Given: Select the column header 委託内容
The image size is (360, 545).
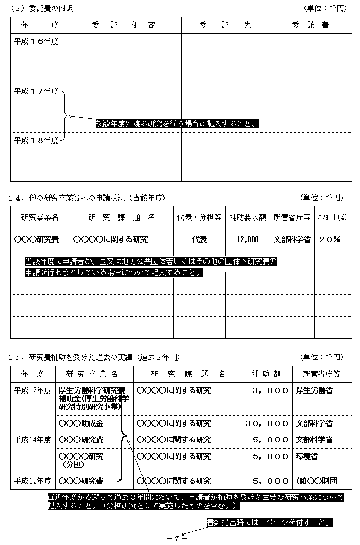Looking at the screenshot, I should [x=126, y=25].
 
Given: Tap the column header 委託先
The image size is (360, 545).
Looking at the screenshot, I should [x=226, y=25].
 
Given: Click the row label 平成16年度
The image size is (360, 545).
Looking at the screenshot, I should [x=36, y=41].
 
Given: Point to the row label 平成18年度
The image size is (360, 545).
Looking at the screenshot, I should [x=36, y=140].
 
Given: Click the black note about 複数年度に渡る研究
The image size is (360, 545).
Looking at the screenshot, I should [x=178, y=124].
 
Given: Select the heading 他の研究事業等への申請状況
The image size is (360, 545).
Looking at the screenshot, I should [x=94, y=198].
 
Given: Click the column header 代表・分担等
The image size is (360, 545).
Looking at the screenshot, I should [x=199, y=217].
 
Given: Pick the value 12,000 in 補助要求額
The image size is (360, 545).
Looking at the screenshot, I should [x=247, y=239].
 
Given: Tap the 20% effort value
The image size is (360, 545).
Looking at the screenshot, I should [x=330, y=239].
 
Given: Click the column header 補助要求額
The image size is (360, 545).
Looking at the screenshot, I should [x=247, y=217].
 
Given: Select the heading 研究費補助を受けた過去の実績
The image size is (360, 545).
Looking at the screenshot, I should [x=100, y=357].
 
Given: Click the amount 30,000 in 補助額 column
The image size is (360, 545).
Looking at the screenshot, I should [x=267, y=423].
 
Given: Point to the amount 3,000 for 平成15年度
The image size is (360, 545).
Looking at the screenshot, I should [x=270, y=390].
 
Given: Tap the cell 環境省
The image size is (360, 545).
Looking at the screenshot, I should [x=307, y=456].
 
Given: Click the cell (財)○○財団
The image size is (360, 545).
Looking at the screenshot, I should [x=316, y=481].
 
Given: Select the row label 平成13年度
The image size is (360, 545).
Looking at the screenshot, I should [x=32, y=481].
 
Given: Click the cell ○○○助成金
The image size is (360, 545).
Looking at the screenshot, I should [x=81, y=423].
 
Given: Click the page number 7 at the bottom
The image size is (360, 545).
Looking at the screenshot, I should [x=177, y=538].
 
